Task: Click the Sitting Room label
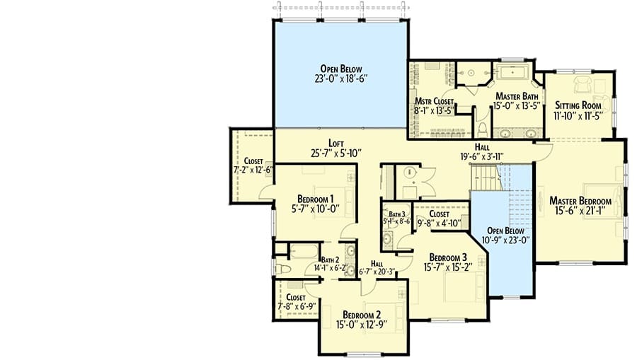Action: tap(578, 105)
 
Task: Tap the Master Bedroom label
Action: tap(580, 201)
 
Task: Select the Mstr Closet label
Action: tap(434, 101)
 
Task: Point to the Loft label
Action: tap(336, 144)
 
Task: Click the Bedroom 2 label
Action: tap(362, 315)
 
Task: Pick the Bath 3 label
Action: tap(397, 214)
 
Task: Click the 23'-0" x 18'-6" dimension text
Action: tap(341, 79)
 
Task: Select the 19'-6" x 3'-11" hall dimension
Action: tap(482, 156)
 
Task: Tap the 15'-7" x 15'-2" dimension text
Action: tap(448, 267)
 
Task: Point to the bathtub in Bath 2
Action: tap(304, 251)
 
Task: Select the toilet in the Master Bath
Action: tap(482, 130)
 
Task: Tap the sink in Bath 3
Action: tap(388, 239)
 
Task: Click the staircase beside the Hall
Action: tap(486, 177)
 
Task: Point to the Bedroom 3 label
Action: tap(448, 257)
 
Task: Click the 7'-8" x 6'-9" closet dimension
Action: tap(297, 306)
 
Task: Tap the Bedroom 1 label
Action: tap(315, 199)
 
